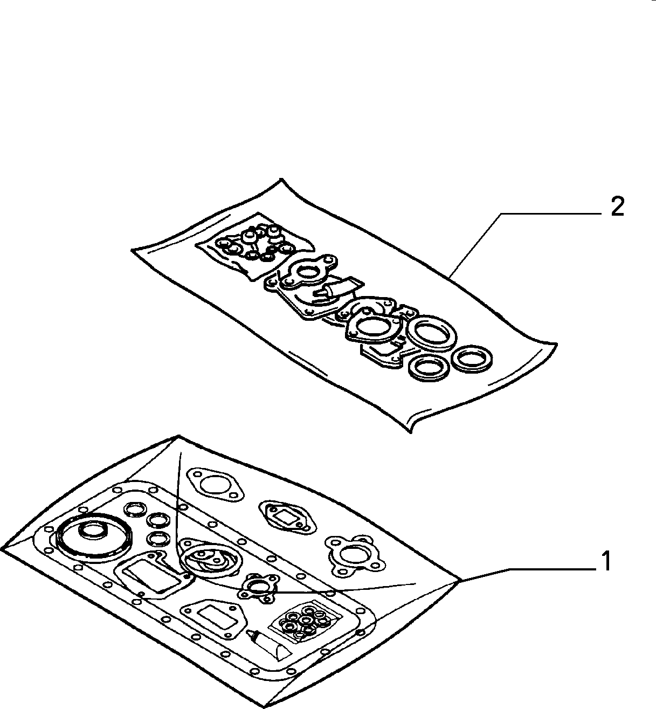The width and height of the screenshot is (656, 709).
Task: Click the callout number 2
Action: pos(617,207)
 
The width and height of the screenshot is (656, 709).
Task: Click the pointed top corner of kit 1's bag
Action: pos(178,436)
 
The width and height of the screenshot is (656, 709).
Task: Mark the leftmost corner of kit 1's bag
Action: pos(2,549)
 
